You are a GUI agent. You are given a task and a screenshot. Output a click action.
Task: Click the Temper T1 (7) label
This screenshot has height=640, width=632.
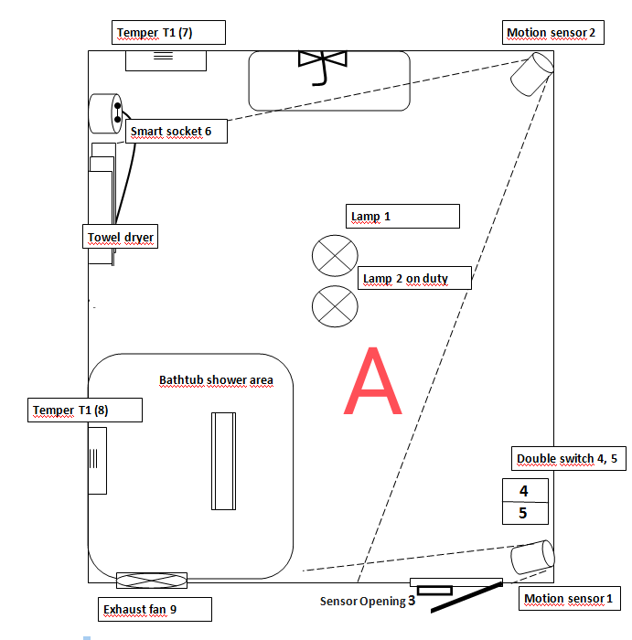(168, 33)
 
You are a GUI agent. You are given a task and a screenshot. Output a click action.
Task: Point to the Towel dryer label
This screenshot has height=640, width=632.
(121, 238)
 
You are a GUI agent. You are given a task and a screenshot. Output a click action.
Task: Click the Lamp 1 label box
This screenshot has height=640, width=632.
(402, 217)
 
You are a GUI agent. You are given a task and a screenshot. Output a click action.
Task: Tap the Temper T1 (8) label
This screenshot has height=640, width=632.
(85, 411)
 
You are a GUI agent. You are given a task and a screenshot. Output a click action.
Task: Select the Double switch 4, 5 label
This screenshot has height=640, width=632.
(568, 458)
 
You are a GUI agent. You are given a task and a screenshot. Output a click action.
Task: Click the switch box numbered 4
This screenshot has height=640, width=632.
(525, 491)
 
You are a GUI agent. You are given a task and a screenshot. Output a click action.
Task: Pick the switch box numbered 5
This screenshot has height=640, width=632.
(525, 513)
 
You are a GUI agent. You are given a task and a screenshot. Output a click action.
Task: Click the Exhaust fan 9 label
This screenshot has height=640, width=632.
(155, 609)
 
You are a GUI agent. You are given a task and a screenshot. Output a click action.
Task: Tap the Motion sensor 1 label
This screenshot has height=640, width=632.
(569, 599)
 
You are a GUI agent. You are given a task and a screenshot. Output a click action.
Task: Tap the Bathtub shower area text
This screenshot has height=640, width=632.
(216, 379)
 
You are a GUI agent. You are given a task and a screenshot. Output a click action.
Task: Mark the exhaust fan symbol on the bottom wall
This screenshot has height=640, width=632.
(152, 581)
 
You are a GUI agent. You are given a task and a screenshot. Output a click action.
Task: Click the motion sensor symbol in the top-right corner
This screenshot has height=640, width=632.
(531, 73)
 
